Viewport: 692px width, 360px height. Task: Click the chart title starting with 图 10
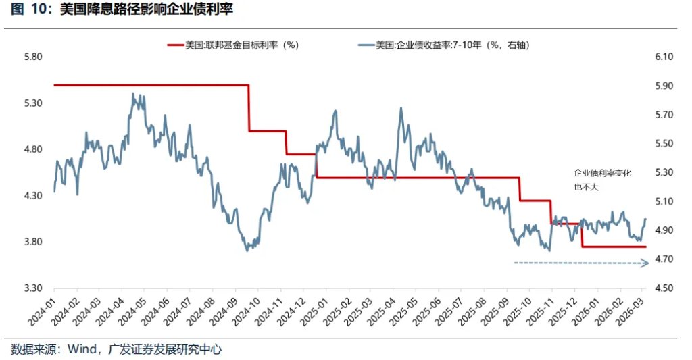click(x=114, y=9)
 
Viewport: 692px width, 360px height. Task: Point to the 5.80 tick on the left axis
click(x=33, y=57)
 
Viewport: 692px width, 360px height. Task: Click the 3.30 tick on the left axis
click(x=33, y=288)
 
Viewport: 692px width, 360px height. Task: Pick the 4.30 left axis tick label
click(x=33, y=196)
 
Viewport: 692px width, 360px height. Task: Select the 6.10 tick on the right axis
click(x=666, y=57)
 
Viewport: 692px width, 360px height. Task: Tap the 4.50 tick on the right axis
click(x=666, y=288)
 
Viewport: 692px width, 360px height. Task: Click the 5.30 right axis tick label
click(x=666, y=173)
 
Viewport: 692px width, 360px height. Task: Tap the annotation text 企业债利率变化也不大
click(x=602, y=180)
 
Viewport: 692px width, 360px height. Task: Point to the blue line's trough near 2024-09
click(x=247, y=250)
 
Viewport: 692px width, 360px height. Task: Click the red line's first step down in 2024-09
click(x=249, y=108)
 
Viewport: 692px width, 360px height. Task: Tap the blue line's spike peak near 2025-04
click(x=401, y=107)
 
